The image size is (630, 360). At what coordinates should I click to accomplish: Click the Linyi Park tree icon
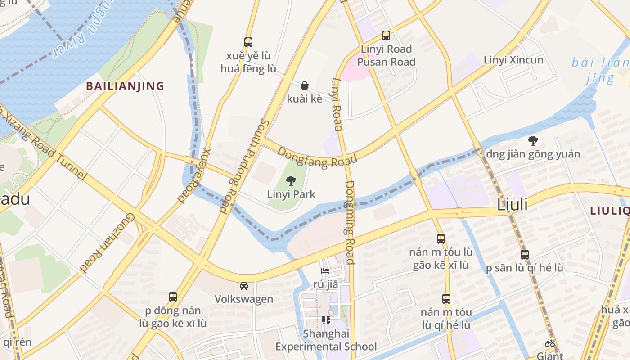click(291, 181)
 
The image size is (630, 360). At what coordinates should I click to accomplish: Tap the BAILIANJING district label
click(125, 86)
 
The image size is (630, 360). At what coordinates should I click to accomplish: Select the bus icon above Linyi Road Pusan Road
click(386, 36)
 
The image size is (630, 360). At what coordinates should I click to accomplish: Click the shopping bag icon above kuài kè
click(305, 85)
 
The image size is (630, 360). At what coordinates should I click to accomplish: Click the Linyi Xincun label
click(513, 60)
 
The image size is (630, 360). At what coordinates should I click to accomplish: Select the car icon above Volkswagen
click(243, 286)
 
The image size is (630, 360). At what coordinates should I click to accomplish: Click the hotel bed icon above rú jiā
click(325, 271)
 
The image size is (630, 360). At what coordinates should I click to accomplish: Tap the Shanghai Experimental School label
click(326, 340)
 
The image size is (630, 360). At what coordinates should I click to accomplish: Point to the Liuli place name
click(512, 205)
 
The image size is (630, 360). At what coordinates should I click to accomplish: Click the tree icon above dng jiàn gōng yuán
click(533, 141)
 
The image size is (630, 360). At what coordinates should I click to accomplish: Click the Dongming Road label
click(350, 222)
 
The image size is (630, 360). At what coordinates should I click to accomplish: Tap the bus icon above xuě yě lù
click(248, 42)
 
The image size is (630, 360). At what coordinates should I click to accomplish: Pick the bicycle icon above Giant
click(549, 344)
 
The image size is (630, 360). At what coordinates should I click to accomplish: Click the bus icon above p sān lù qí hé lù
click(524, 254)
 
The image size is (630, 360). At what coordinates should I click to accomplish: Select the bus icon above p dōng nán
click(173, 297)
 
